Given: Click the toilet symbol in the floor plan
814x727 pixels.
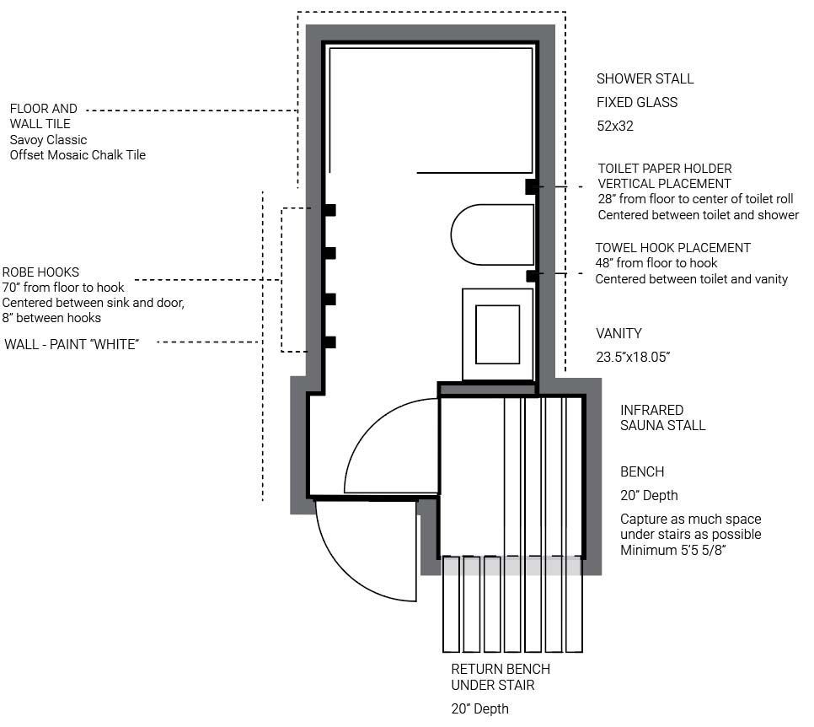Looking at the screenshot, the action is click(492, 234).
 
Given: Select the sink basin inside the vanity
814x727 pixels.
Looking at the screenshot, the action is click(497, 335).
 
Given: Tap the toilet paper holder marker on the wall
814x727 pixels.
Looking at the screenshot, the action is click(531, 186).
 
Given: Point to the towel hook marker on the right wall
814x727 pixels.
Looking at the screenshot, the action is click(532, 276).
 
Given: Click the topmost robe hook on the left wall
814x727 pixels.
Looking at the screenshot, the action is click(329, 210).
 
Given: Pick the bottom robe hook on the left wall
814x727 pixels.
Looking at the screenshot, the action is click(329, 342).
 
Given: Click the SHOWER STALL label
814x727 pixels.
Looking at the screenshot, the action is click(645, 79).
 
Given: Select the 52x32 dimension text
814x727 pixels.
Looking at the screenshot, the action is click(614, 127).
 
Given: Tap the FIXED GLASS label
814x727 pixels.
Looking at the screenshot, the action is click(637, 102).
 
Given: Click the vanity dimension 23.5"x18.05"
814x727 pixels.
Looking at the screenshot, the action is click(633, 357).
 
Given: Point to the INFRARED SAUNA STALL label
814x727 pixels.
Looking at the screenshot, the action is click(663, 417).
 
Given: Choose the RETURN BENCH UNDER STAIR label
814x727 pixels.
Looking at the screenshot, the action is click(501, 676).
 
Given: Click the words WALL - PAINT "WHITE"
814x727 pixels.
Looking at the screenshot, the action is click(72, 345).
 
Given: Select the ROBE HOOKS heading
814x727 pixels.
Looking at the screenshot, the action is click(40, 272).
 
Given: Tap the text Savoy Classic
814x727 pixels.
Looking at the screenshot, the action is click(48, 140).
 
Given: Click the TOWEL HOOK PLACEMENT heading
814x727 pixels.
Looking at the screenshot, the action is click(672, 248).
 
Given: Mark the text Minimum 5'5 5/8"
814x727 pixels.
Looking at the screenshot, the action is click(672, 550).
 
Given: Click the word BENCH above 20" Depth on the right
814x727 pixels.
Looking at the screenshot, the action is click(642, 471).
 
